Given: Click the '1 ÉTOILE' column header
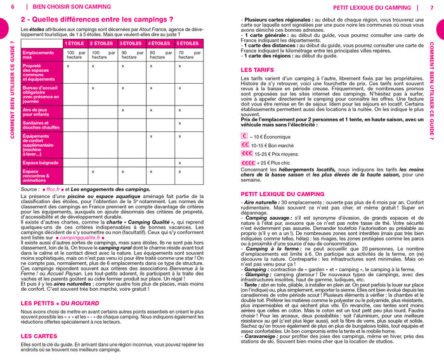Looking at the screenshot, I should [x=75, y=43].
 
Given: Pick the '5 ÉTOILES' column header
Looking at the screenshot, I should [x=188, y=43].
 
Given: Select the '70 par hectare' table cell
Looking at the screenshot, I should [x=188, y=55].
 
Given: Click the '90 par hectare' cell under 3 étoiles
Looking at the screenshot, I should [x=132, y=55].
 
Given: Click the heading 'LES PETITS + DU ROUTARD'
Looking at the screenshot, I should [x=63, y=303].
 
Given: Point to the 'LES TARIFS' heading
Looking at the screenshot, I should [x=258, y=69].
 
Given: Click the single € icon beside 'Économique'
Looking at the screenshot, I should [x=244, y=135].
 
